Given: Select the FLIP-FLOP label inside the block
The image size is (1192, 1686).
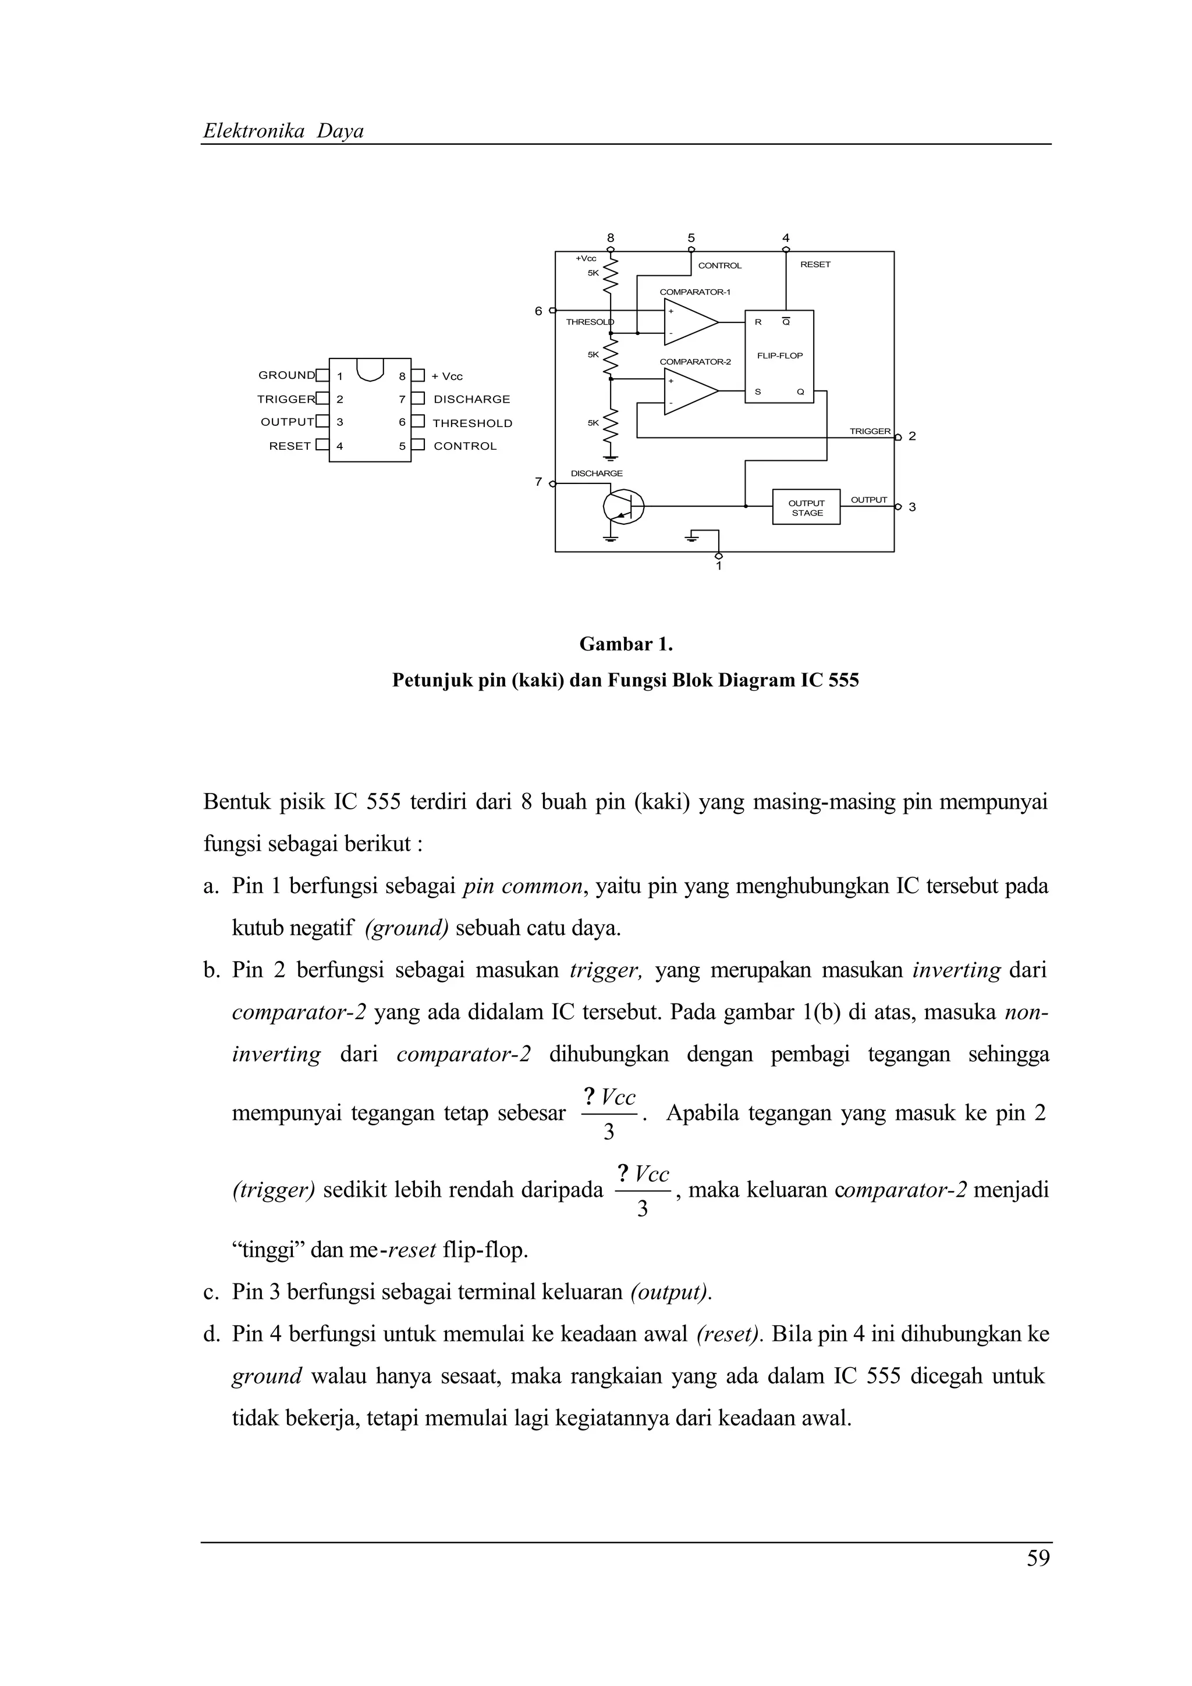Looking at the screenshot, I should [779, 355].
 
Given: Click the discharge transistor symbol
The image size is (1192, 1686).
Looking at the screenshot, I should [623, 506].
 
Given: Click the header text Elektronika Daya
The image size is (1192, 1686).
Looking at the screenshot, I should [283, 131].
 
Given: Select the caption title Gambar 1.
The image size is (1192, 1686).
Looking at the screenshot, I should [626, 644].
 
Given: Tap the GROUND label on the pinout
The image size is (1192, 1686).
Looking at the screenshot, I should [286, 375].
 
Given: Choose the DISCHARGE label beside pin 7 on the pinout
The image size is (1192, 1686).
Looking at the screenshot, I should [471, 400].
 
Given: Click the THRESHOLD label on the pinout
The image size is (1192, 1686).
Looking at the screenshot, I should [472, 424].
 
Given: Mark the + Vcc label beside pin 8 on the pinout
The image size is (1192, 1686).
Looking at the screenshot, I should [447, 377].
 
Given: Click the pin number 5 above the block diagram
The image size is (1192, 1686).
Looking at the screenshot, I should [691, 238].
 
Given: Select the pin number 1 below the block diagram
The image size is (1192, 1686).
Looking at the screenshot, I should [718, 566].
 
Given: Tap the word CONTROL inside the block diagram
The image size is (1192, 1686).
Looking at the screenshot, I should [720, 266].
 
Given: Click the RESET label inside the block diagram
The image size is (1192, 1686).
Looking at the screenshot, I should [815, 264].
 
